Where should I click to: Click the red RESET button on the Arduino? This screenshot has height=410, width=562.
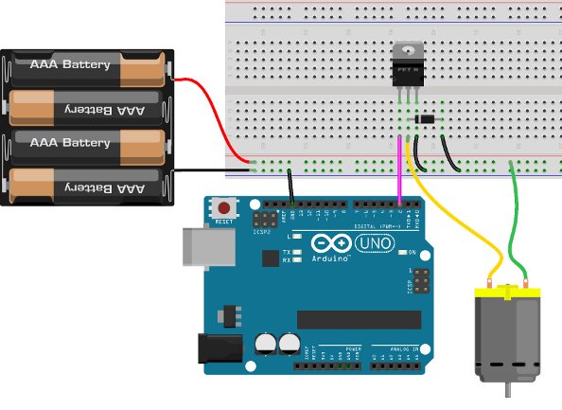point(224,207)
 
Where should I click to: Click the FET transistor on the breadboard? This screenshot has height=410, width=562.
point(409,66)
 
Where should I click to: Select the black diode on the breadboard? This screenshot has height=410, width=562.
point(425,118)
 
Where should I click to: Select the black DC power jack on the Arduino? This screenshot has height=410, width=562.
point(216,348)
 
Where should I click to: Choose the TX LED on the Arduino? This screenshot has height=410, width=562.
point(298,251)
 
